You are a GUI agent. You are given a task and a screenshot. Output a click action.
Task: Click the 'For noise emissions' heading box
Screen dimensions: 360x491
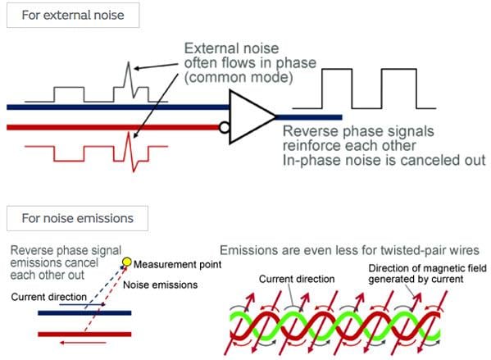[x=75, y=218]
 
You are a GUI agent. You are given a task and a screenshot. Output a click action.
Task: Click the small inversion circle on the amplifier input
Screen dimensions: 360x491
[x=225, y=126]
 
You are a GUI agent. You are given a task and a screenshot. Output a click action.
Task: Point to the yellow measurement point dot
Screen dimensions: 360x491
[x=125, y=263]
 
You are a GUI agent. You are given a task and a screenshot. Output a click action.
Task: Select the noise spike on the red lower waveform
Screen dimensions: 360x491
[x=127, y=152]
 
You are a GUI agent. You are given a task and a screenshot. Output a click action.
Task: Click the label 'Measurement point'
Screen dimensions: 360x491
[x=175, y=266]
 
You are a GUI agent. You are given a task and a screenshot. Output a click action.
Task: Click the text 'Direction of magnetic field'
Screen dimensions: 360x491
[x=420, y=268]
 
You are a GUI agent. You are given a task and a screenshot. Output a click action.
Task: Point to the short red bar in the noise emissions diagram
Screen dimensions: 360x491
[x=84, y=334]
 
